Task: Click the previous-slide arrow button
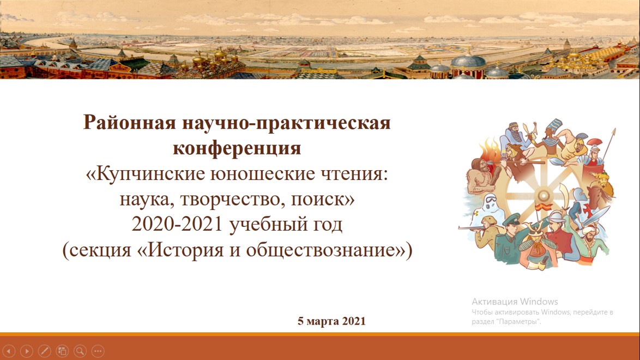pyautogui.click(x=9, y=351)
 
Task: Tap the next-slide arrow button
pyautogui.click(x=27, y=351)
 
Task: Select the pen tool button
pyautogui.click(x=44, y=351)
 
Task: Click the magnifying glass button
pyautogui.click(x=80, y=351)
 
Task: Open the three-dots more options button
pyautogui.click(x=98, y=351)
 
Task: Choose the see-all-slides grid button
pyautogui.click(x=62, y=351)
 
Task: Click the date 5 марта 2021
pyautogui.click(x=331, y=321)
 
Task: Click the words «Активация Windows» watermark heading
pyautogui.click(x=515, y=302)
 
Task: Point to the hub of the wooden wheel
pyautogui.click(x=544, y=195)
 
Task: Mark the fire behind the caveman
pyautogui.click(x=489, y=147)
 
